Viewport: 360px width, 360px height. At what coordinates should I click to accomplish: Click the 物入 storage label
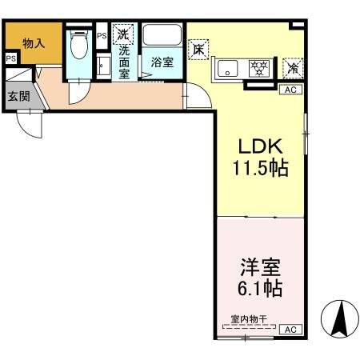[x=33, y=43]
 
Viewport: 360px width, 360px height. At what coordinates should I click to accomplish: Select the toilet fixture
[x=79, y=49]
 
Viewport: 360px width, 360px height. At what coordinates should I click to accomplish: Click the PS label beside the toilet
[x=101, y=36]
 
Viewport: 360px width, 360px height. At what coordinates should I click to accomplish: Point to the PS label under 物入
[x=10, y=59]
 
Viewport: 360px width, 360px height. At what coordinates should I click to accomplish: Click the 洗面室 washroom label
[x=125, y=61]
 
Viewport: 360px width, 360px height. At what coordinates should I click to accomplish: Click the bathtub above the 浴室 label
[x=162, y=37]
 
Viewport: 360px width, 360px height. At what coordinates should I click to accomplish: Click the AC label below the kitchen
[x=290, y=90]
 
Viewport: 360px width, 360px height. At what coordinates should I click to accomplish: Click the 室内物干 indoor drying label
[x=248, y=318]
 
